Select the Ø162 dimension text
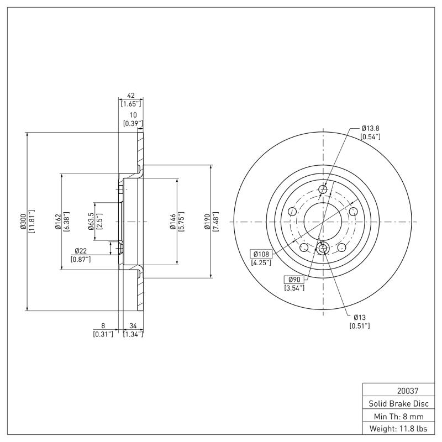coord(57,222)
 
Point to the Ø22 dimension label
coord(81,252)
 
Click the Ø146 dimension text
coord(172,222)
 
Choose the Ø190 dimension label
coord(208,222)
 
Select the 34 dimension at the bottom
coord(133,326)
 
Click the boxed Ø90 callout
coord(294,279)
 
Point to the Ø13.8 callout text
coord(370,128)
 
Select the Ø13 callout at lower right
coord(360,317)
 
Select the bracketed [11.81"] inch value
coord(31,222)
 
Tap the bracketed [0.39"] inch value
coord(133,123)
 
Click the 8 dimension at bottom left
coord(103,326)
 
